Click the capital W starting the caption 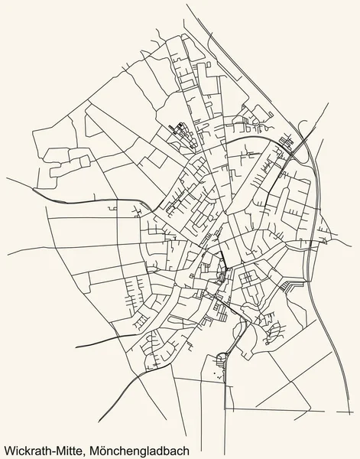coord(8,444)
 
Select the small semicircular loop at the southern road coord(222,355)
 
